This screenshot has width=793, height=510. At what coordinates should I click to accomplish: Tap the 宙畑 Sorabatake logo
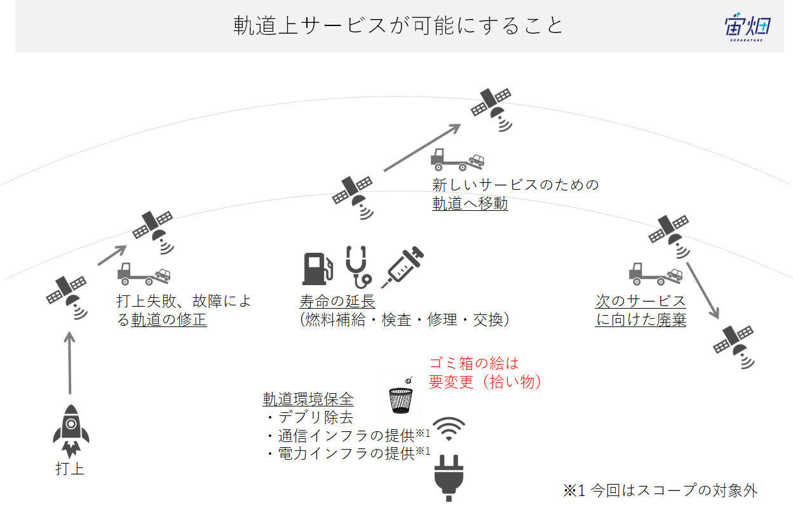747,27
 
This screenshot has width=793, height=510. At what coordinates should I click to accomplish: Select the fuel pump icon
318,269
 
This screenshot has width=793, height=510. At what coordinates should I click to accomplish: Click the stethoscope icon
358,267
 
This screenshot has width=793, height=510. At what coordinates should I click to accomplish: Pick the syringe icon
402,267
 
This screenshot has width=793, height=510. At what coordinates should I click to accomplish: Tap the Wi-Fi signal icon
449,429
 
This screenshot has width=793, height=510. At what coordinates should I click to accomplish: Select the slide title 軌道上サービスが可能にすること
398,25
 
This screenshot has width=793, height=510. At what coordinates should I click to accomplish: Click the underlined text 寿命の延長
337,301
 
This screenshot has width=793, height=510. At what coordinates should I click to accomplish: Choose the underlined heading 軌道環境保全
308,399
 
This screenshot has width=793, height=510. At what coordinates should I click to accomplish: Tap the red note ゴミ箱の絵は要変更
485,372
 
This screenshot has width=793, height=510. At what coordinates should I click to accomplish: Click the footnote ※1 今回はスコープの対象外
660,490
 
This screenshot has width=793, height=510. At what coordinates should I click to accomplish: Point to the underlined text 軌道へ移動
470,203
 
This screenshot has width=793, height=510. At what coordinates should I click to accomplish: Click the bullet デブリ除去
311,417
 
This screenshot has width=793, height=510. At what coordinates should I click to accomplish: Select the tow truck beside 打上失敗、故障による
144,274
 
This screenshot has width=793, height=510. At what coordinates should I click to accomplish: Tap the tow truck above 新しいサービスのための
457,159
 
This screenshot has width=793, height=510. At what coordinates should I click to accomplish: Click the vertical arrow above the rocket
70,363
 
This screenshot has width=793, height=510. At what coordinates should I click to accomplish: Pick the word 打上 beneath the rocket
70,469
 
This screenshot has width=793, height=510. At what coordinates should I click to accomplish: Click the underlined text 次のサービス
640,301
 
